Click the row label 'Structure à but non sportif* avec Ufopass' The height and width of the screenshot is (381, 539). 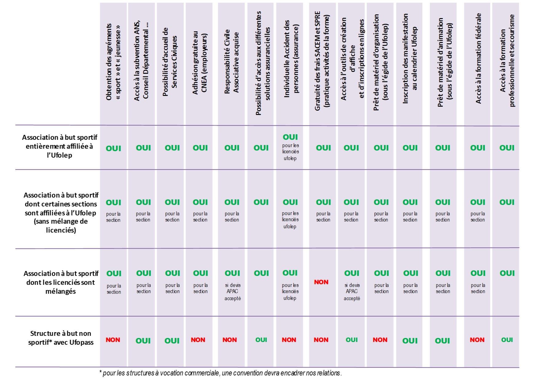(x=61, y=338)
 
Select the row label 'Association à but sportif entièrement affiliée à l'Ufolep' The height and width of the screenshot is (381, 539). (x=60, y=146)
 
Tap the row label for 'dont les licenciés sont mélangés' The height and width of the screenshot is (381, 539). (x=61, y=282)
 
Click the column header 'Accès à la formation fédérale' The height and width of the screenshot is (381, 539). (x=478, y=58)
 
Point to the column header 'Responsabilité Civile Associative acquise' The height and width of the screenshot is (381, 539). (x=231, y=61)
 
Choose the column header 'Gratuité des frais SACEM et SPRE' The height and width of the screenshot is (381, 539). (x=322, y=61)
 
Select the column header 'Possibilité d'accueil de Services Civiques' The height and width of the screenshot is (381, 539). (x=170, y=62)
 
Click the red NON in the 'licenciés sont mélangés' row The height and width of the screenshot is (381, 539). (x=321, y=282)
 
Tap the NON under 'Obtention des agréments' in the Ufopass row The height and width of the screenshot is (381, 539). (x=113, y=340)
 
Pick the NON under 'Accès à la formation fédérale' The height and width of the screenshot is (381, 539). (x=477, y=340)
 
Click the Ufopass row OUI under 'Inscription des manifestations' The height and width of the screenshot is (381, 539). (x=410, y=341)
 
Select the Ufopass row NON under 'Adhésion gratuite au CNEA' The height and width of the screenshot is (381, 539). (x=198, y=340)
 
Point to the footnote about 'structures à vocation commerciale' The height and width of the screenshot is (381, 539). (x=220, y=373)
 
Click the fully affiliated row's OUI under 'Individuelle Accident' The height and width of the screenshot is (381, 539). (x=290, y=137)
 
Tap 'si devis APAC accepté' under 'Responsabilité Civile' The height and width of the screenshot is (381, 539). (x=232, y=292)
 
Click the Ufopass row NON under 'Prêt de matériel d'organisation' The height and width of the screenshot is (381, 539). (x=380, y=340)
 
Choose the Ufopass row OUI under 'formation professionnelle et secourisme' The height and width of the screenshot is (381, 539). (x=507, y=340)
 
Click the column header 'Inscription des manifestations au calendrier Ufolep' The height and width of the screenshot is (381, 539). (x=410, y=58)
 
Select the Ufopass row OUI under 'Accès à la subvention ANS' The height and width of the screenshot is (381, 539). (x=143, y=341)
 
